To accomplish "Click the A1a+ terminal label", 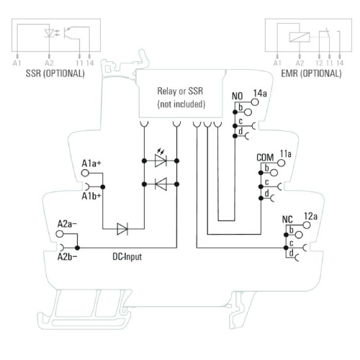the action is [x=91, y=163].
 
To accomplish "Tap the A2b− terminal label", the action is [x=68, y=257].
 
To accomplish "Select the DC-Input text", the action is [x=127, y=257].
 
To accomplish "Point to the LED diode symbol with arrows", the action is [x=161, y=158].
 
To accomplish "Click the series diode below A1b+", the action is [x=122, y=229].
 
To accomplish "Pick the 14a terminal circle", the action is [x=255, y=102].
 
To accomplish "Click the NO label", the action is [x=238, y=96].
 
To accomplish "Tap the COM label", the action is [x=265, y=158].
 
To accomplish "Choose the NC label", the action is [x=287, y=220].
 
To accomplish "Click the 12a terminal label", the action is [x=310, y=216].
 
